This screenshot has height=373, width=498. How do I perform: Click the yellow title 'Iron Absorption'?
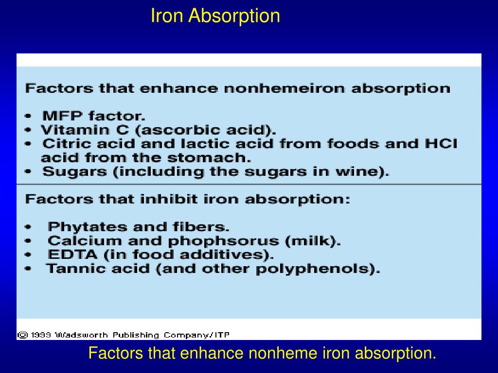tap(215, 16)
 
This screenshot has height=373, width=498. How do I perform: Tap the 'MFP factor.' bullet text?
tap(94, 117)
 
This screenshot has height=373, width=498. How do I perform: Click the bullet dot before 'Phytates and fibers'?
tap(29, 227)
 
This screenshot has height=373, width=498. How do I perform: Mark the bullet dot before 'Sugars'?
tap(29, 172)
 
